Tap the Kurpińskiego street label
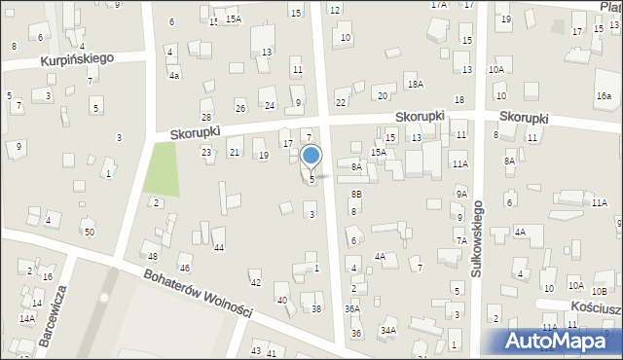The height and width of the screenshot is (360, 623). pos(78,58)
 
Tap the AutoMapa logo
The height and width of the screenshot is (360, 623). pos(561,340)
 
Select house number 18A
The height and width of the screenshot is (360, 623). pos(416,85)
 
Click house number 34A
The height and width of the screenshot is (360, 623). pos(388,331)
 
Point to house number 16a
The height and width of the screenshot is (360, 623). pos(605,95)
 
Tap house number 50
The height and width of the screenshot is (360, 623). pos(89,232)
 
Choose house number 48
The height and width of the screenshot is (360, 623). pos(153,256)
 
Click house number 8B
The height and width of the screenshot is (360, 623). pos(356,195)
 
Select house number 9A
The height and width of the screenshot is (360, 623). pos(461,195)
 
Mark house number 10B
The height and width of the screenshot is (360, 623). pos(601,290)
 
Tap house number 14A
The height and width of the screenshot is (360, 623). pos(28,319)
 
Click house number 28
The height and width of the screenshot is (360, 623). pos(206,117)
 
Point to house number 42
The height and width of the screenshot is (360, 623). pos(256,283)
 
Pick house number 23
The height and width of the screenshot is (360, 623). pos(206,153)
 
